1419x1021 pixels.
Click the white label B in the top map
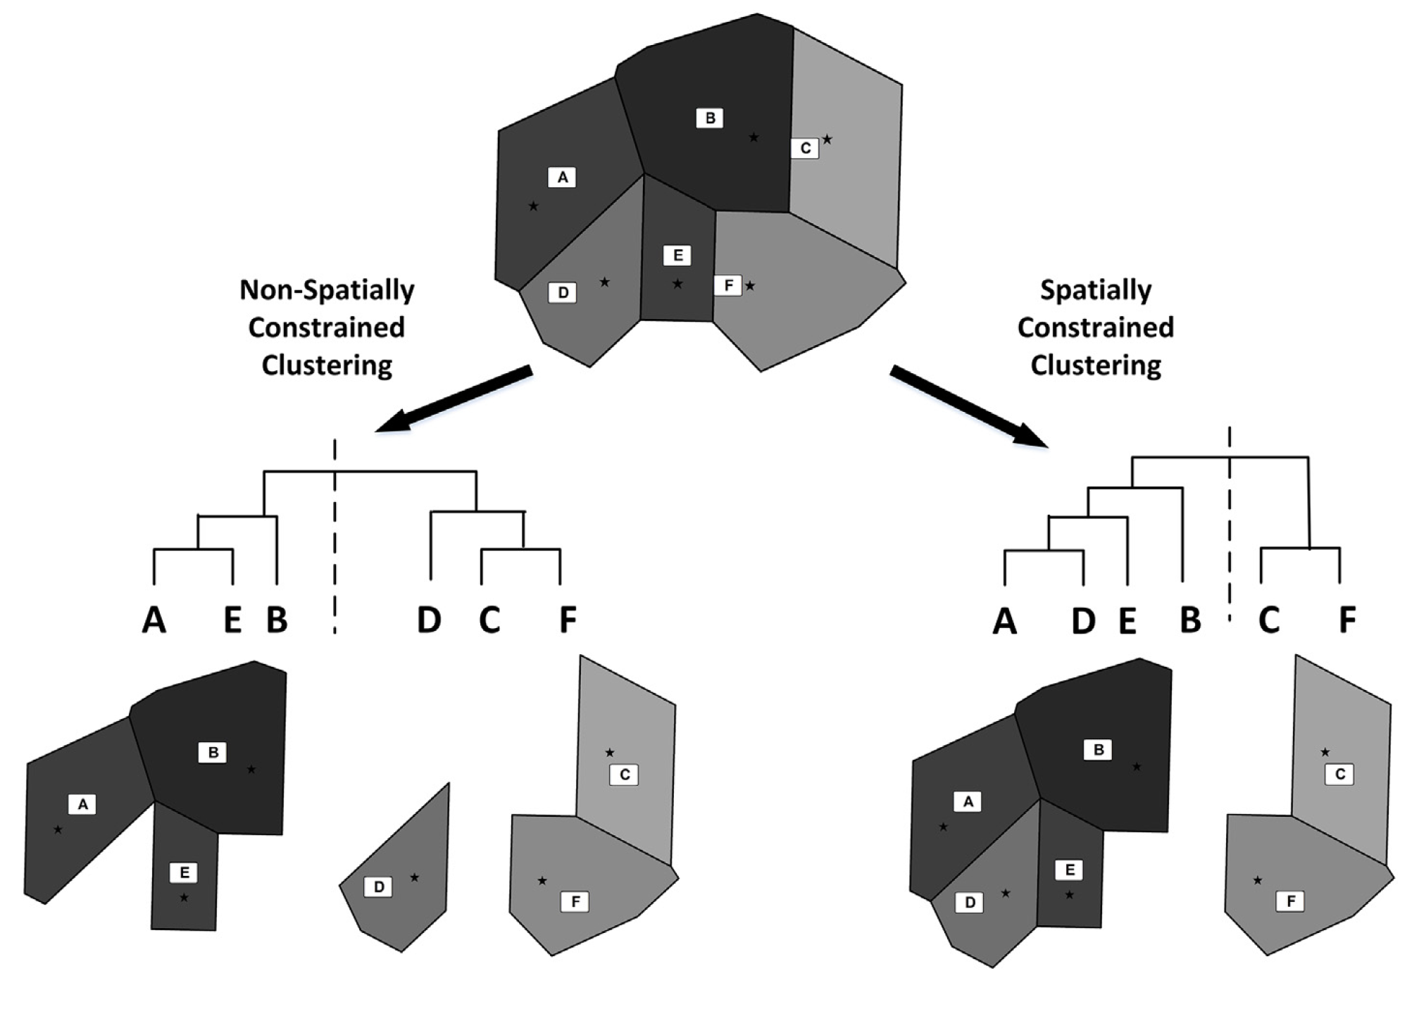[x=710, y=118]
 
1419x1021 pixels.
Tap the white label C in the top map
[x=805, y=149]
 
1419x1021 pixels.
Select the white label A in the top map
[x=562, y=177]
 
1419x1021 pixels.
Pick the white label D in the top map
[x=563, y=293]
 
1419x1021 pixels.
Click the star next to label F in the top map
[x=750, y=286]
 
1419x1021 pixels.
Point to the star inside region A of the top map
[x=533, y=206]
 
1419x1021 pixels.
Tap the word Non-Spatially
[x=327, y=290]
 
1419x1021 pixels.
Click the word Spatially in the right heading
[x=1096, y=290]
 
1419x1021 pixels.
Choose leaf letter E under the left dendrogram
[x=232, y=620]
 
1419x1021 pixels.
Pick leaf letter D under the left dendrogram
[x=430, y=620]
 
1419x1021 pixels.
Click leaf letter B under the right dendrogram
[x=1190, y=620]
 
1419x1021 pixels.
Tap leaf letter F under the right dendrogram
[x=1346, y=620]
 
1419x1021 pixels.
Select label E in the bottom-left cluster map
[x=184, y=873]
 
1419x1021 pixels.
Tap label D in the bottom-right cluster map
[x=970, y=903]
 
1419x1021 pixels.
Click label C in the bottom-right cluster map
[x=1339, y=775]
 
